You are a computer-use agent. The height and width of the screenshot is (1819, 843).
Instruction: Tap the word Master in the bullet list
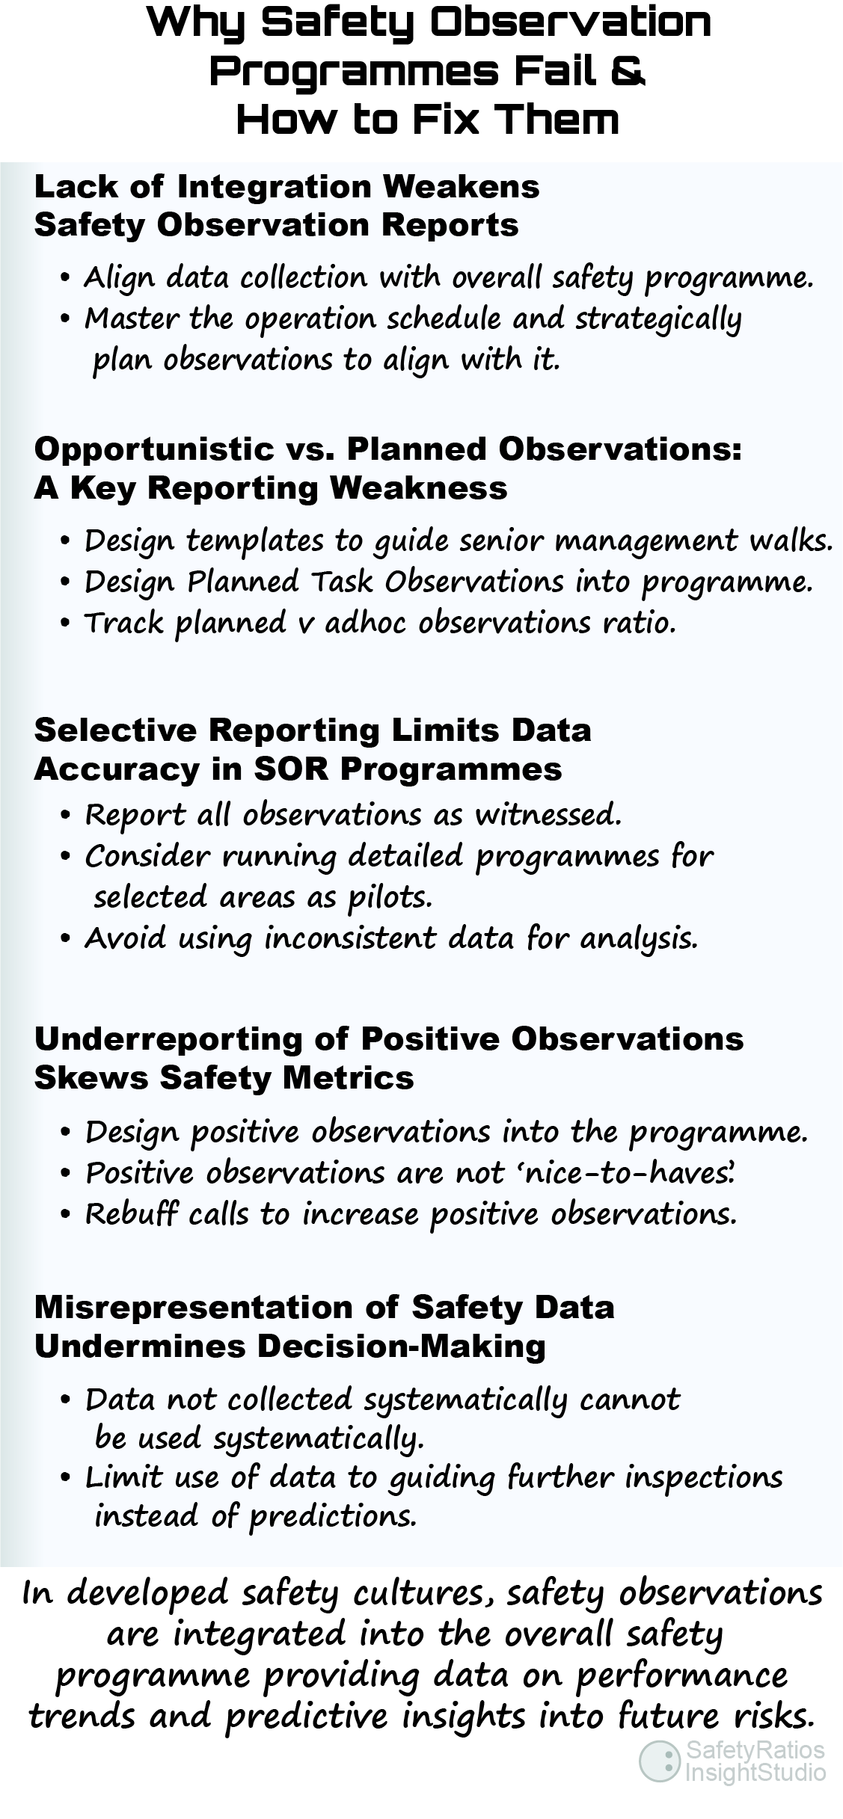click(x=132, y=318)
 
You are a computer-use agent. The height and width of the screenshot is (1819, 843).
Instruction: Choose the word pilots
click(x=390, y=897)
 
